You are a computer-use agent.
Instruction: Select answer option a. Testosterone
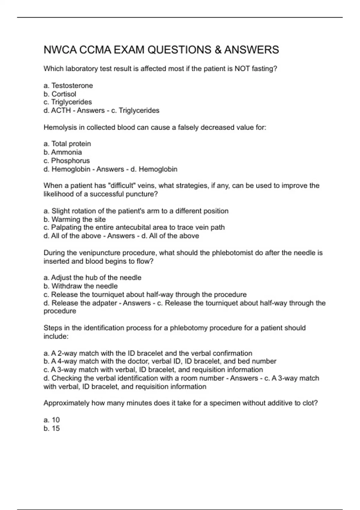tap(68, 85)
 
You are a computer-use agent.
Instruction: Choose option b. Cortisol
tap(60, 94)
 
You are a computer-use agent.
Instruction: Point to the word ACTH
tap(61, 110)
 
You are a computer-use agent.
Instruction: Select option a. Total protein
tap(67, 144)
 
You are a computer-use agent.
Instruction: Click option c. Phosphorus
tap(66, 160)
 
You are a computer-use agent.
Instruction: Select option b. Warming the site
tap(74, 219)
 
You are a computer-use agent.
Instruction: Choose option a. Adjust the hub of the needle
tap(92, 277)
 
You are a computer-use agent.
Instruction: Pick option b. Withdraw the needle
tap(80, 286)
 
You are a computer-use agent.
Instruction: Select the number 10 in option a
tap(56, 420)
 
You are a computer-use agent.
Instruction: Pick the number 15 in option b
tap(56, 428)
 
